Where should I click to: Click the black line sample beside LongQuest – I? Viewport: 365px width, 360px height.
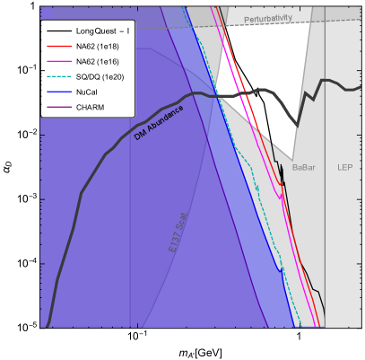(58, 31)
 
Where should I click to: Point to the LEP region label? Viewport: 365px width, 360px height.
(344, 167)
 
